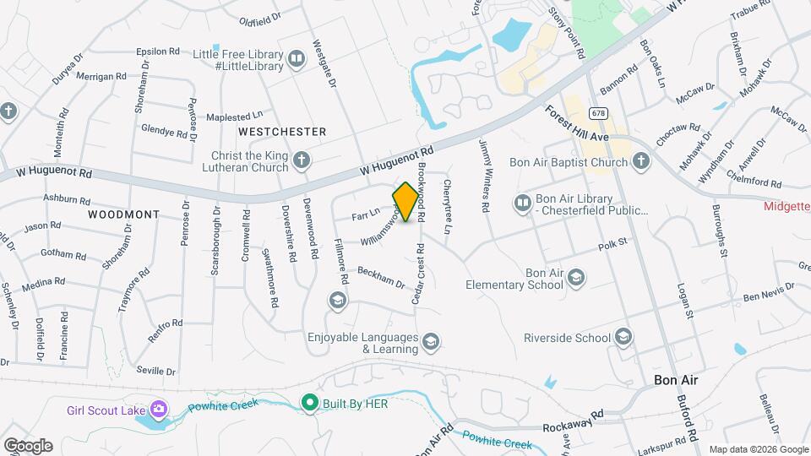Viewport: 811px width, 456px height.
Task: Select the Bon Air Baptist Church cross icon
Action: pos(641,161)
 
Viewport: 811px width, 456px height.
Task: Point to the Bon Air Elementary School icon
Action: pos(576,278)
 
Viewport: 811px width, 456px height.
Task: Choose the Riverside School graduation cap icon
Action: pos(623,338)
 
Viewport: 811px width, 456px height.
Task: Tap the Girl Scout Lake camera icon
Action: pos(158,411)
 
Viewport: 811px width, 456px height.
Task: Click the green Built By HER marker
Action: pos(310,404)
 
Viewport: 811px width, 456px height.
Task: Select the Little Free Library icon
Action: pos(296,58)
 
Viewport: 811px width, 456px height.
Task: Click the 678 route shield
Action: pos(599,112)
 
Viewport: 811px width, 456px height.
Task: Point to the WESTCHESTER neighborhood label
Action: pos(282,132)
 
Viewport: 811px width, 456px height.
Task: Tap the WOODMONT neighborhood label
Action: pos(122,214)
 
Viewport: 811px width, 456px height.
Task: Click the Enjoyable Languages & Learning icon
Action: pos(430,341)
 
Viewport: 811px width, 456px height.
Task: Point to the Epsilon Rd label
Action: pos(158,52)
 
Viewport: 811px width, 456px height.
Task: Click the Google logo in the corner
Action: pos(27,445)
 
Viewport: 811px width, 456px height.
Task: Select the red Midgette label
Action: pos(787,205)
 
